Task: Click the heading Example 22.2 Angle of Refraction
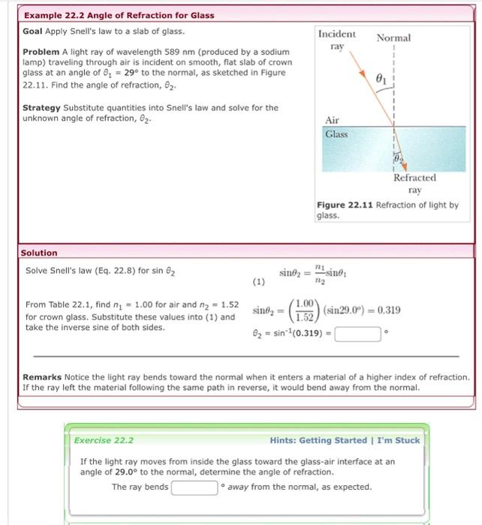click(119, 15)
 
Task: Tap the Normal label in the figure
click(393, 37)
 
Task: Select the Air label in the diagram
click(332, 120)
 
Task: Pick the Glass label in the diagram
click(336, 134)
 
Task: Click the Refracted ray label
click(414, 184)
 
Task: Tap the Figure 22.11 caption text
click(387, 209)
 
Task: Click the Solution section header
click(39, 253)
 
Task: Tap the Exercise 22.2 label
click(104, 440)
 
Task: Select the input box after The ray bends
click(194, 487)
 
